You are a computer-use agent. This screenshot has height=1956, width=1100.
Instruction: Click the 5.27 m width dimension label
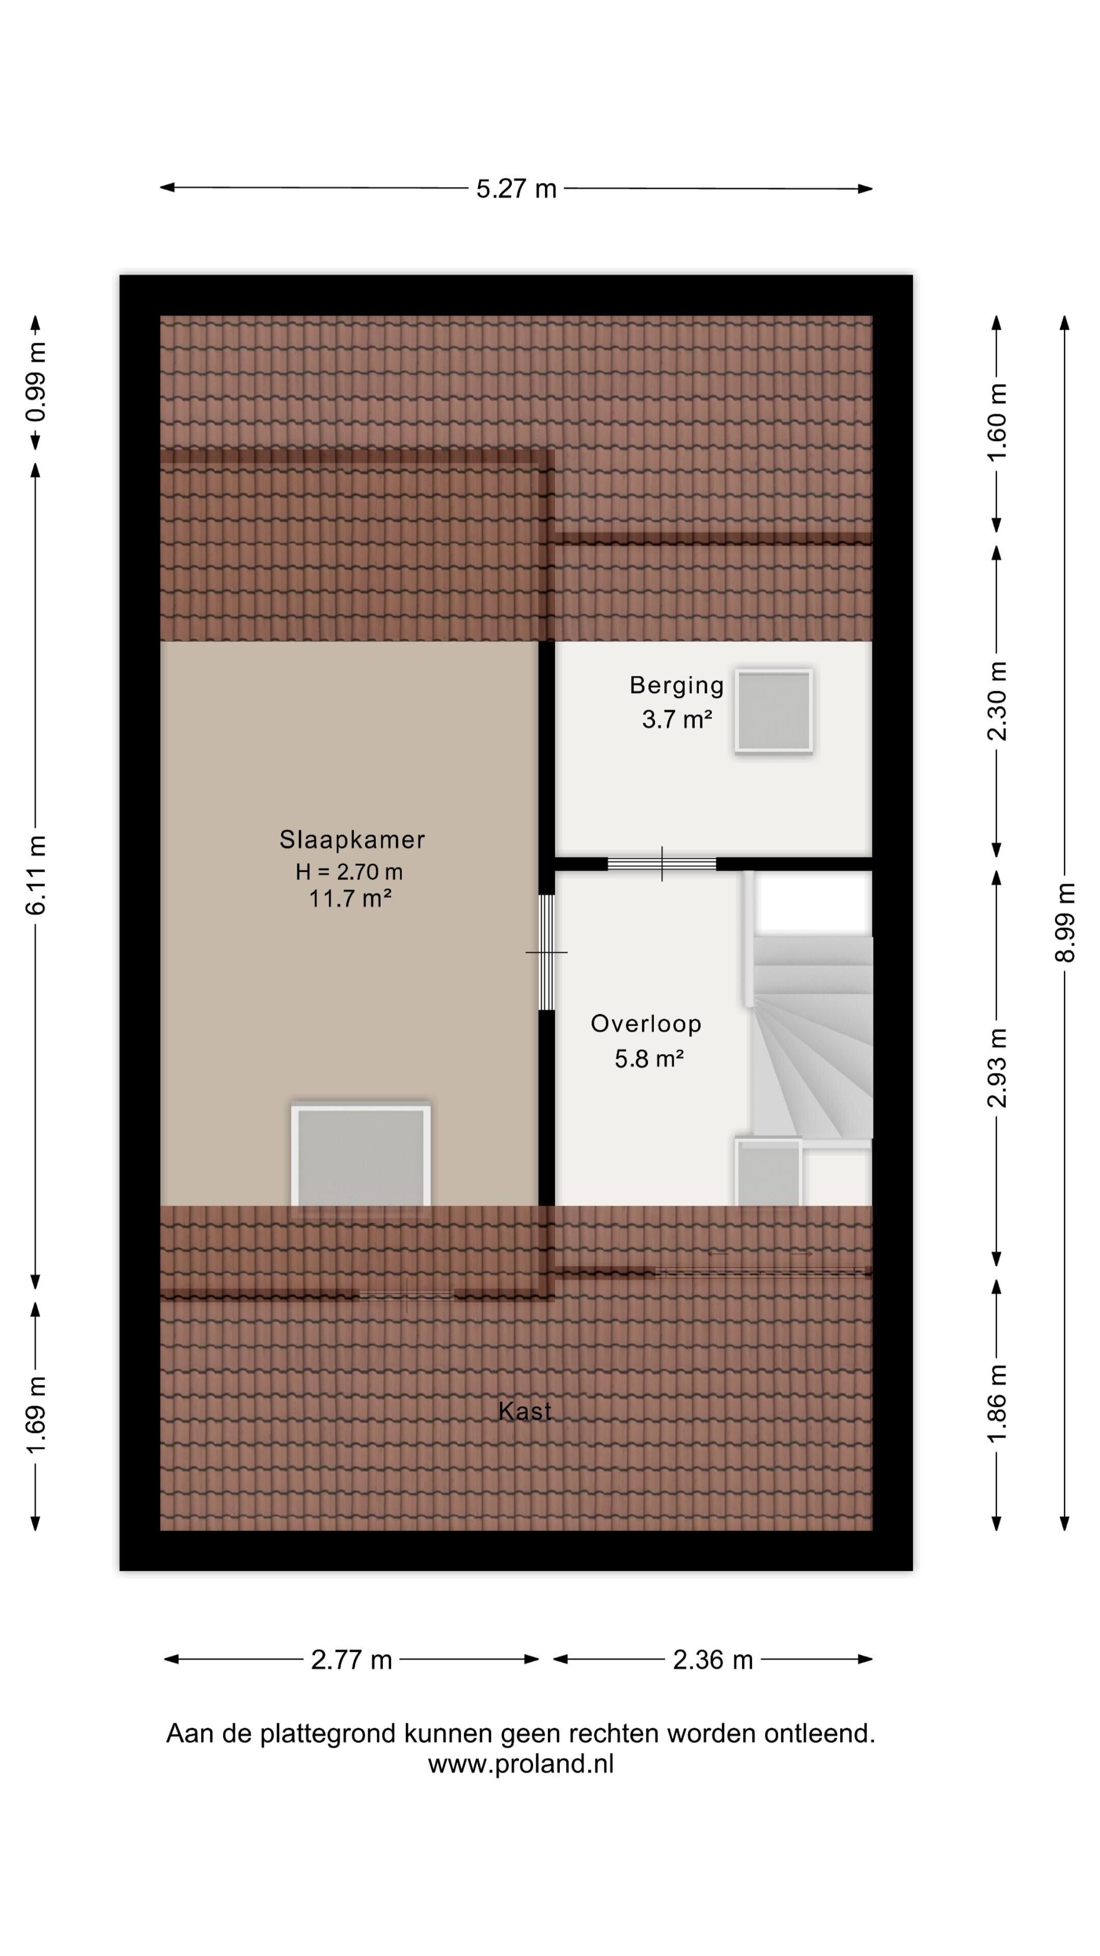[x=516, y=188]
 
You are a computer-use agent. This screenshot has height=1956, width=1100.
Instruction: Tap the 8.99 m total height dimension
[x=1065, y=922]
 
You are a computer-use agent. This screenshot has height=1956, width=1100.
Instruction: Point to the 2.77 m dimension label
[x=351, y=1660]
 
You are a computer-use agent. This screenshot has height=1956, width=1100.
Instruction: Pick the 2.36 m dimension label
[x=713, y=1660]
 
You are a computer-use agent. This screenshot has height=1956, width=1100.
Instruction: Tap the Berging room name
[x=676, y=686]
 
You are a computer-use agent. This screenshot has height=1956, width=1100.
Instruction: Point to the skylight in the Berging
[x=774, y=712]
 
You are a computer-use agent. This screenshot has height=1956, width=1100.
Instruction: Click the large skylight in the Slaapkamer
[x=361, y=1158]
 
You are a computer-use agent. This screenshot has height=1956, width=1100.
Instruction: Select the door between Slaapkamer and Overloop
[x=546, y=952]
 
